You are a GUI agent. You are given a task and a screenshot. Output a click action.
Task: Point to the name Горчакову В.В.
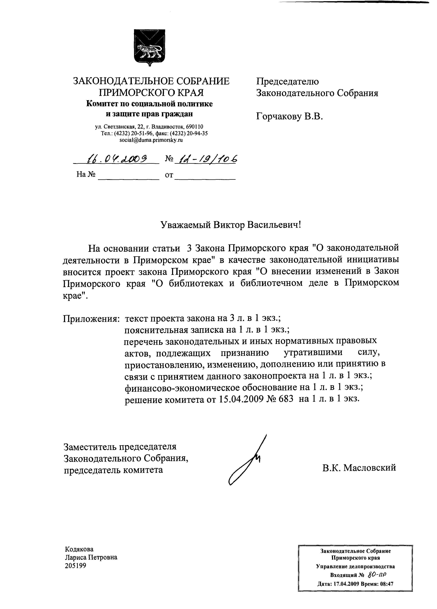[289, 116]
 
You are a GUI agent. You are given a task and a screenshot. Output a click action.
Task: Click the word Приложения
[91, 319]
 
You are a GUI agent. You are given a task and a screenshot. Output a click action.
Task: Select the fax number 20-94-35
[199, 133]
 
